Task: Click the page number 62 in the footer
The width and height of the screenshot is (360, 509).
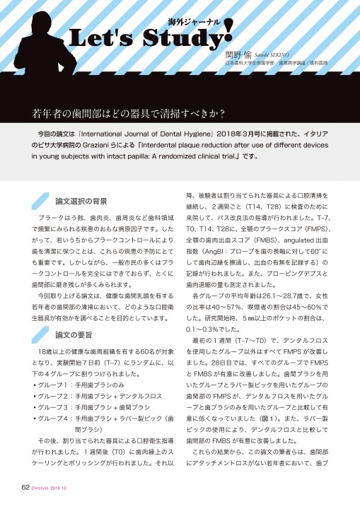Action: click(25, 488)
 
